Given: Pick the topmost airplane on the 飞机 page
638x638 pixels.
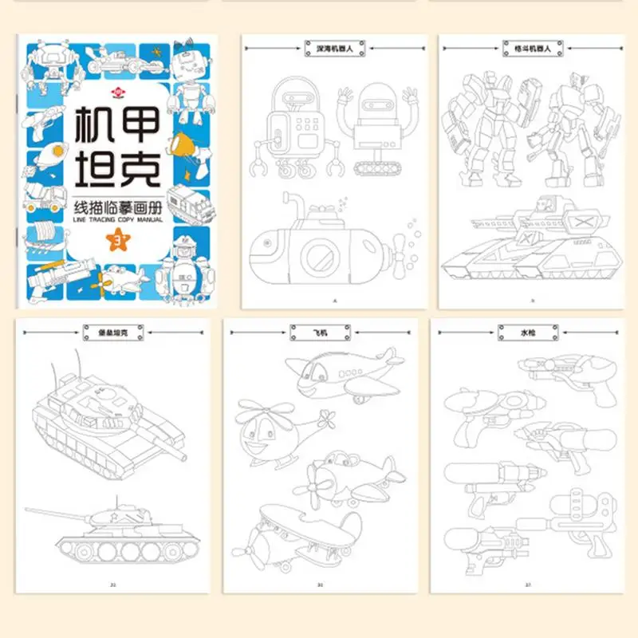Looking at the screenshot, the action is click(349, 375).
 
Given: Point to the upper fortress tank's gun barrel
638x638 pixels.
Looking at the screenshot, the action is click(159, 435).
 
